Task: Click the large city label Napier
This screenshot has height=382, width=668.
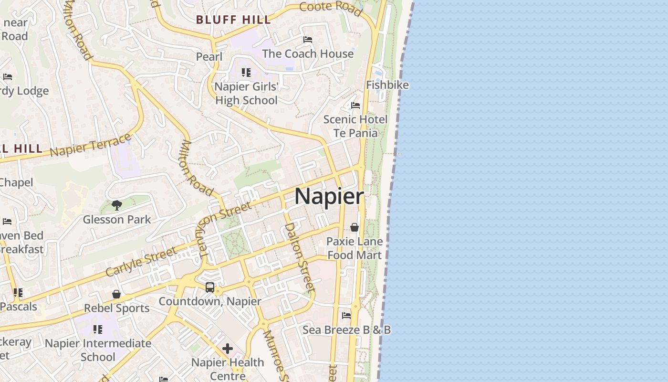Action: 329,197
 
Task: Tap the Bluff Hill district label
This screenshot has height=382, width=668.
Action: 234,20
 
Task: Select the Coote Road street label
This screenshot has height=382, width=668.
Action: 331,9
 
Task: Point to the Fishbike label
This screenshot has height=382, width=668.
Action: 387,85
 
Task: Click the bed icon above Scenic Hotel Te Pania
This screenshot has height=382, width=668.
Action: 355,106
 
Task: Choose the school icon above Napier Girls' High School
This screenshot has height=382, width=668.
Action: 246,73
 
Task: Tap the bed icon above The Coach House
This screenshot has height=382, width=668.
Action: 308,40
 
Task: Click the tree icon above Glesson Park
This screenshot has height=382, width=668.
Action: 116,205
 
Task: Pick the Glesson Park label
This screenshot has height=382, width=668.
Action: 117,220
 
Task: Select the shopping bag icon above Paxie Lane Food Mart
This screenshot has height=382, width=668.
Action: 355,227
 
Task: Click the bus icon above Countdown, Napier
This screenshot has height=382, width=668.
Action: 210,287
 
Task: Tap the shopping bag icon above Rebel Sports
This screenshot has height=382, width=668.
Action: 116,294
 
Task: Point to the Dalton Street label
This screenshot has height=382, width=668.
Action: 300,257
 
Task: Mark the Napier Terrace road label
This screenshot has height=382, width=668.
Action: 90,145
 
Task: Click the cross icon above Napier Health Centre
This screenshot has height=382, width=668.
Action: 228,349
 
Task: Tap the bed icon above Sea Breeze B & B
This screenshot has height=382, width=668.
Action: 346,316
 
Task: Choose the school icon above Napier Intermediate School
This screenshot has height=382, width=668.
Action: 98,329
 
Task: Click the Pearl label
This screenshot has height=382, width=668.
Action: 209,57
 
